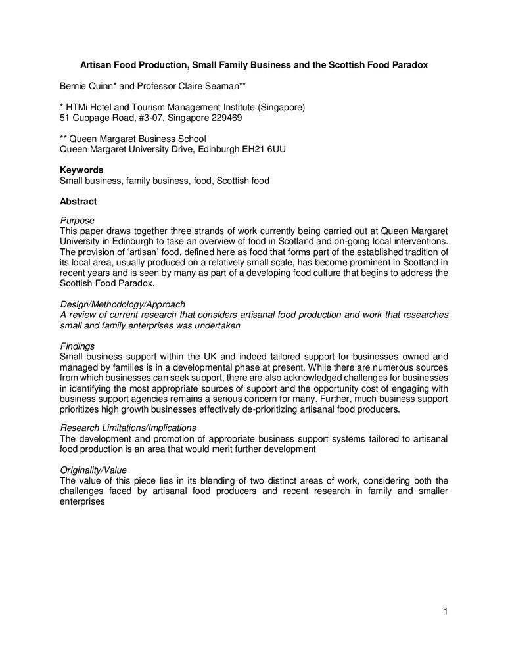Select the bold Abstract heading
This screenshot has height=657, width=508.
click(x=78, y=202)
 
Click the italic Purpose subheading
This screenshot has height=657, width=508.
click(x=77, y=220)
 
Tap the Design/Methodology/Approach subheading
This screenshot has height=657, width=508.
click(x=122, y=304)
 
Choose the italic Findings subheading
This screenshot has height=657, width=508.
click(x=77, y=346)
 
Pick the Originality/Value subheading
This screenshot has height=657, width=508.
click(x=93, y=470)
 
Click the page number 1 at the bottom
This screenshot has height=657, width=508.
click(x=445, y=613)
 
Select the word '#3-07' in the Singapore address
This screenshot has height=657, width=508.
click(x=149, y=118)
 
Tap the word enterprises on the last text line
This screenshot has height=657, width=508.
click(x=82, y=501)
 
